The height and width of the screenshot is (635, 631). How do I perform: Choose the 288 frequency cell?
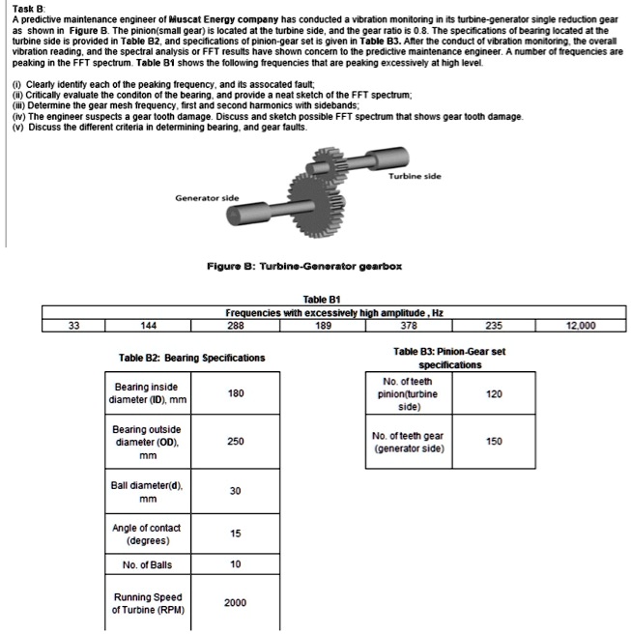click(236, 326)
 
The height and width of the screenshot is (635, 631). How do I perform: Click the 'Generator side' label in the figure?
click(207, 196)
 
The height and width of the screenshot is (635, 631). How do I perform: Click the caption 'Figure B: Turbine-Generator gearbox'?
click(304, 265)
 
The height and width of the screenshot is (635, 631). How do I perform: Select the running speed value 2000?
click(235, 603)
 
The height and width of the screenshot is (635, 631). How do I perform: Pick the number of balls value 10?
click(235, 564)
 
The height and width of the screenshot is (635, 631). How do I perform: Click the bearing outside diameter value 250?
click(235, 442)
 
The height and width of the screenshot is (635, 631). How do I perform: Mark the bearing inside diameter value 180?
click(235, 392)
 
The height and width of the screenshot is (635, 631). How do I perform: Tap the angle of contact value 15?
click(235, 534)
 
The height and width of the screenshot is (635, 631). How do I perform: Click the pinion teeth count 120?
click(495, 394)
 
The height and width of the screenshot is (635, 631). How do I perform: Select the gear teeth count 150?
click(495, 442)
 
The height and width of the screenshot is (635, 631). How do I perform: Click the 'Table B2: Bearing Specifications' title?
click(191, 358)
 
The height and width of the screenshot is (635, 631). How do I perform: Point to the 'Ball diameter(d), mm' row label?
click(147, 492)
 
